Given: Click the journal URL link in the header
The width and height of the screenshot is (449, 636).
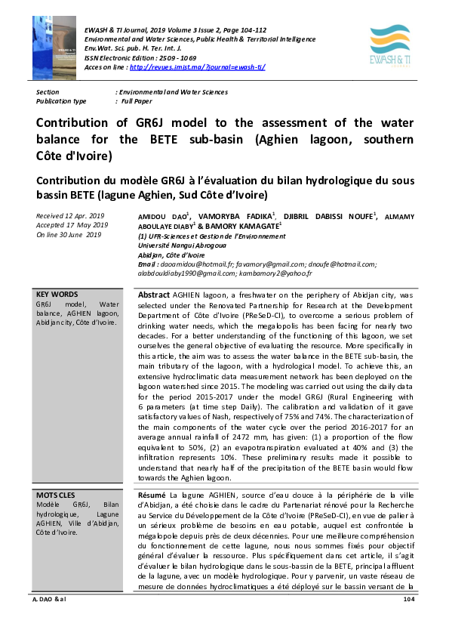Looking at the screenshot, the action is tap(198, 66).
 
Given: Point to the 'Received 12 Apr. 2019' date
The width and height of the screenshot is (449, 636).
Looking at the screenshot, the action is tap(71, 216).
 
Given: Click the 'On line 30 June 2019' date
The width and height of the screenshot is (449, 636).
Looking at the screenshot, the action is tap(69, 235).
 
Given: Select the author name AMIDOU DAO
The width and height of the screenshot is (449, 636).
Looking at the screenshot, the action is tap(163, 217).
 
